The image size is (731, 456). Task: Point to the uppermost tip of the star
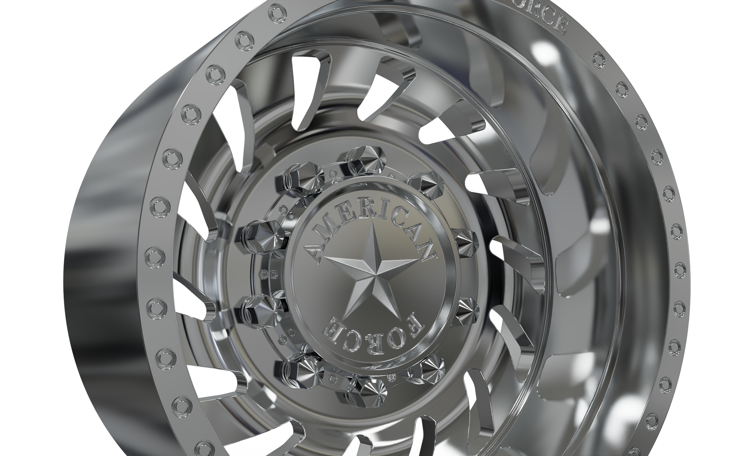click(373, 221)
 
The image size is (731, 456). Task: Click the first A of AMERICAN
click(314, 251)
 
